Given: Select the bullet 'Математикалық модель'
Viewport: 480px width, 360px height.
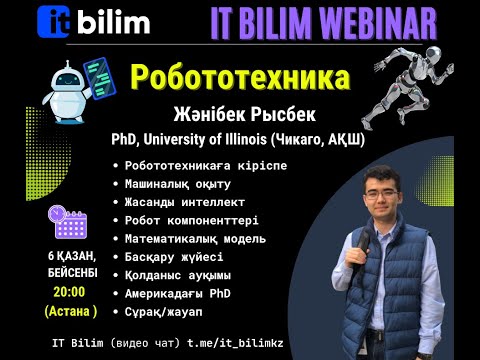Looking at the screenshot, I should pos(196,239).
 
